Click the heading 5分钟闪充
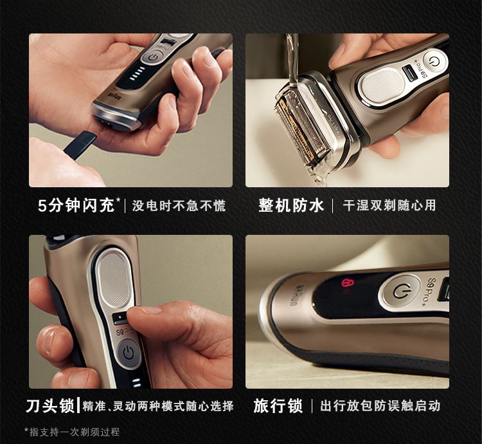(x=76, y=205)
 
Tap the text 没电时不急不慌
(x=179, y=205)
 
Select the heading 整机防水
(x=291, y=205)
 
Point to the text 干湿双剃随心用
(x=389, y=205)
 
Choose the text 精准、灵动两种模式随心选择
(x=158, y=406)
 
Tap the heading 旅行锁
(x=278, y=406)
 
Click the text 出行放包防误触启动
(x=380, y=406)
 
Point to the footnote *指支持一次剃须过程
(x=72, y=432)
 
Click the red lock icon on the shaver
(x=348, y=282)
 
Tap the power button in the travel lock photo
(x=400, y=291)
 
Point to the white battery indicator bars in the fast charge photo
(x=137, y=74)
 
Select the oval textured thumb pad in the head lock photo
(x=114, y=279)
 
